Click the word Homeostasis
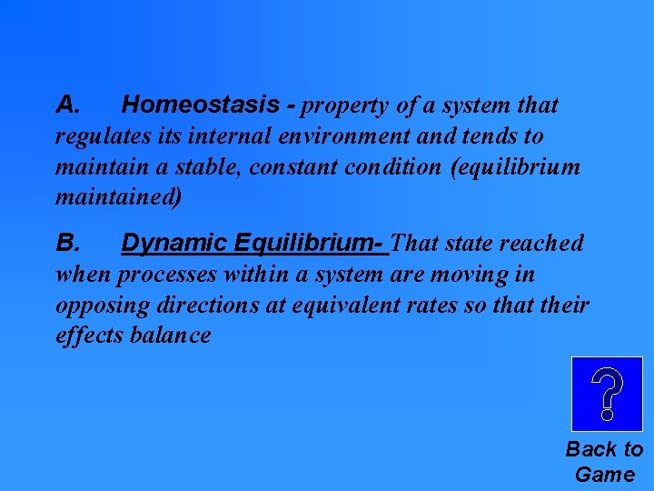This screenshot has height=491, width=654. [200, 105]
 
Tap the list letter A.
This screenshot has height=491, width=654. [69, 105]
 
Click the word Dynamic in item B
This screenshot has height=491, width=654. [173, 244]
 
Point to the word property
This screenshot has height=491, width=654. [345, 106]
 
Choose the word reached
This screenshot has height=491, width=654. [541, 244]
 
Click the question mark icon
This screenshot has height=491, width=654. [606, 394]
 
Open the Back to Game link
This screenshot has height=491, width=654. [604, 461]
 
